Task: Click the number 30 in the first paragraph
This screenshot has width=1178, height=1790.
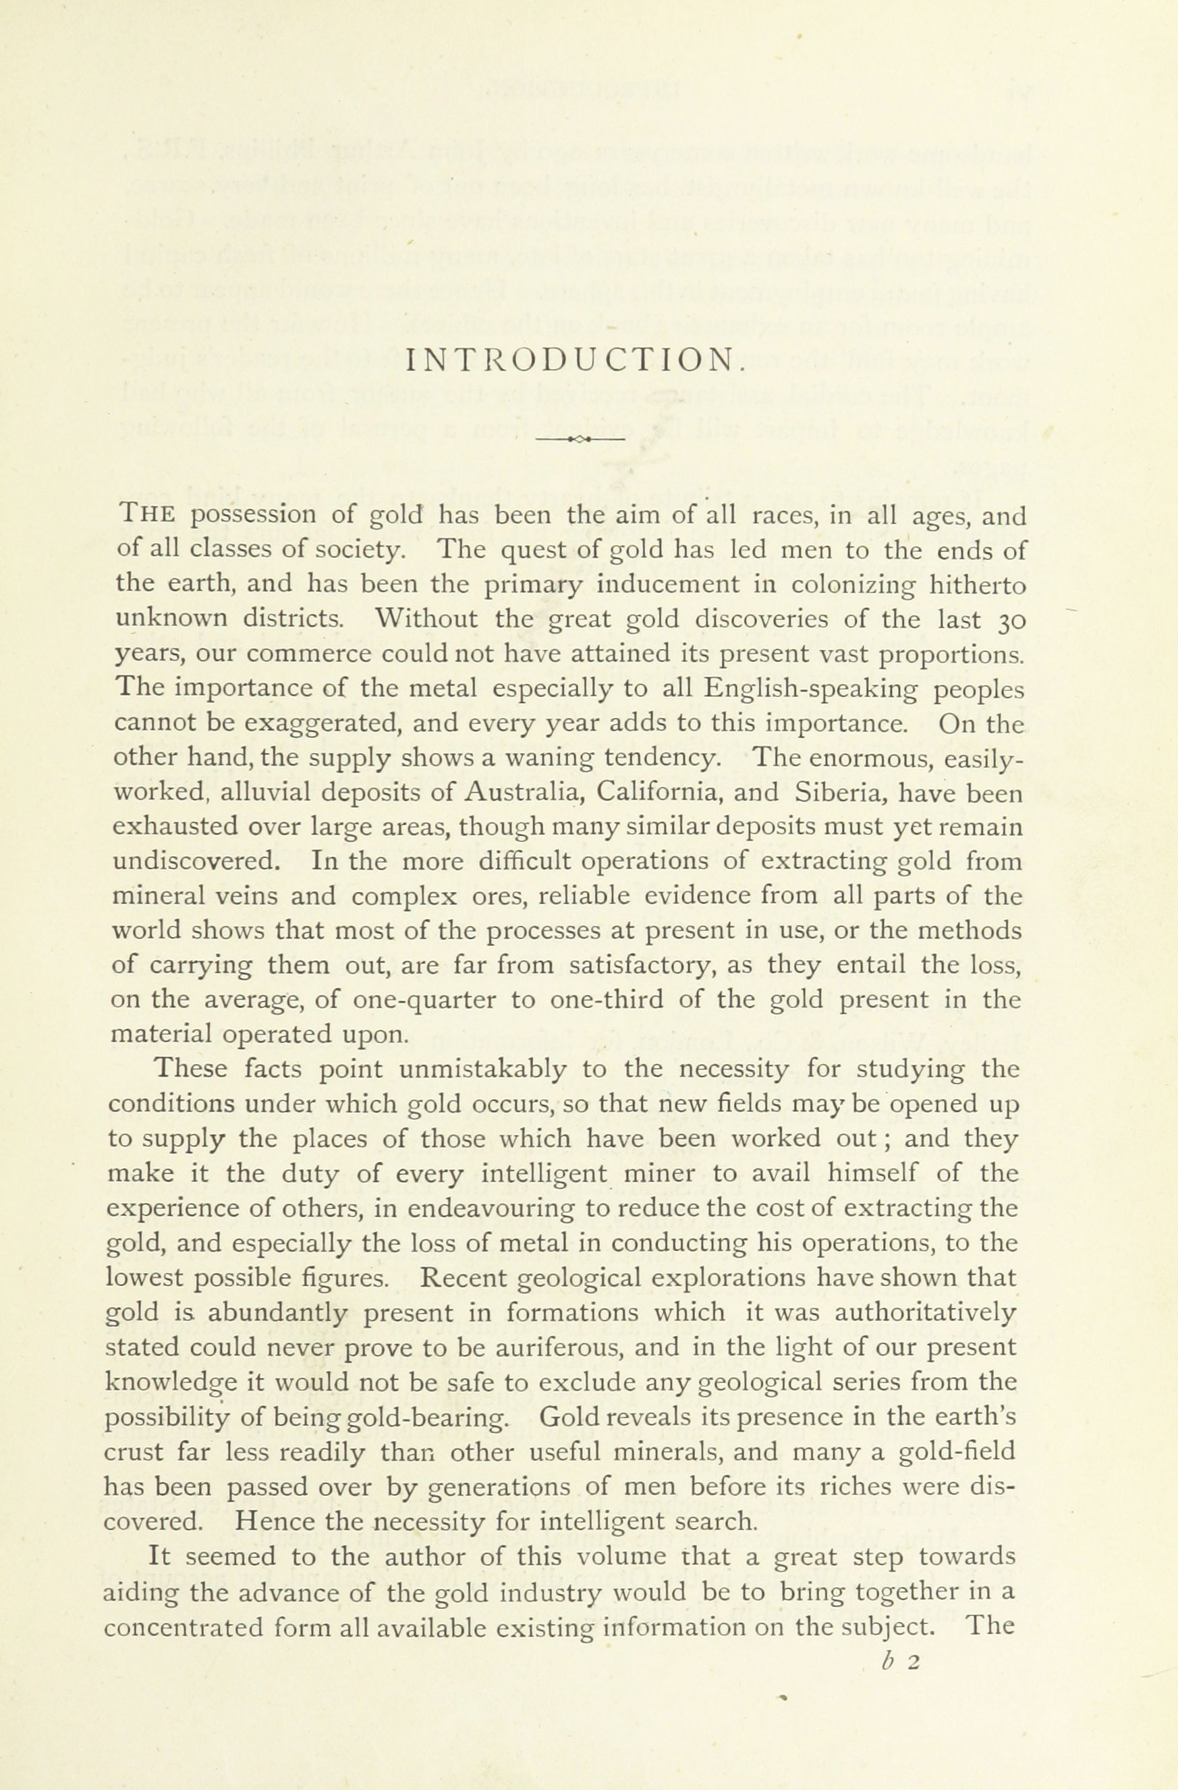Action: (x=1010, y=620)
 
